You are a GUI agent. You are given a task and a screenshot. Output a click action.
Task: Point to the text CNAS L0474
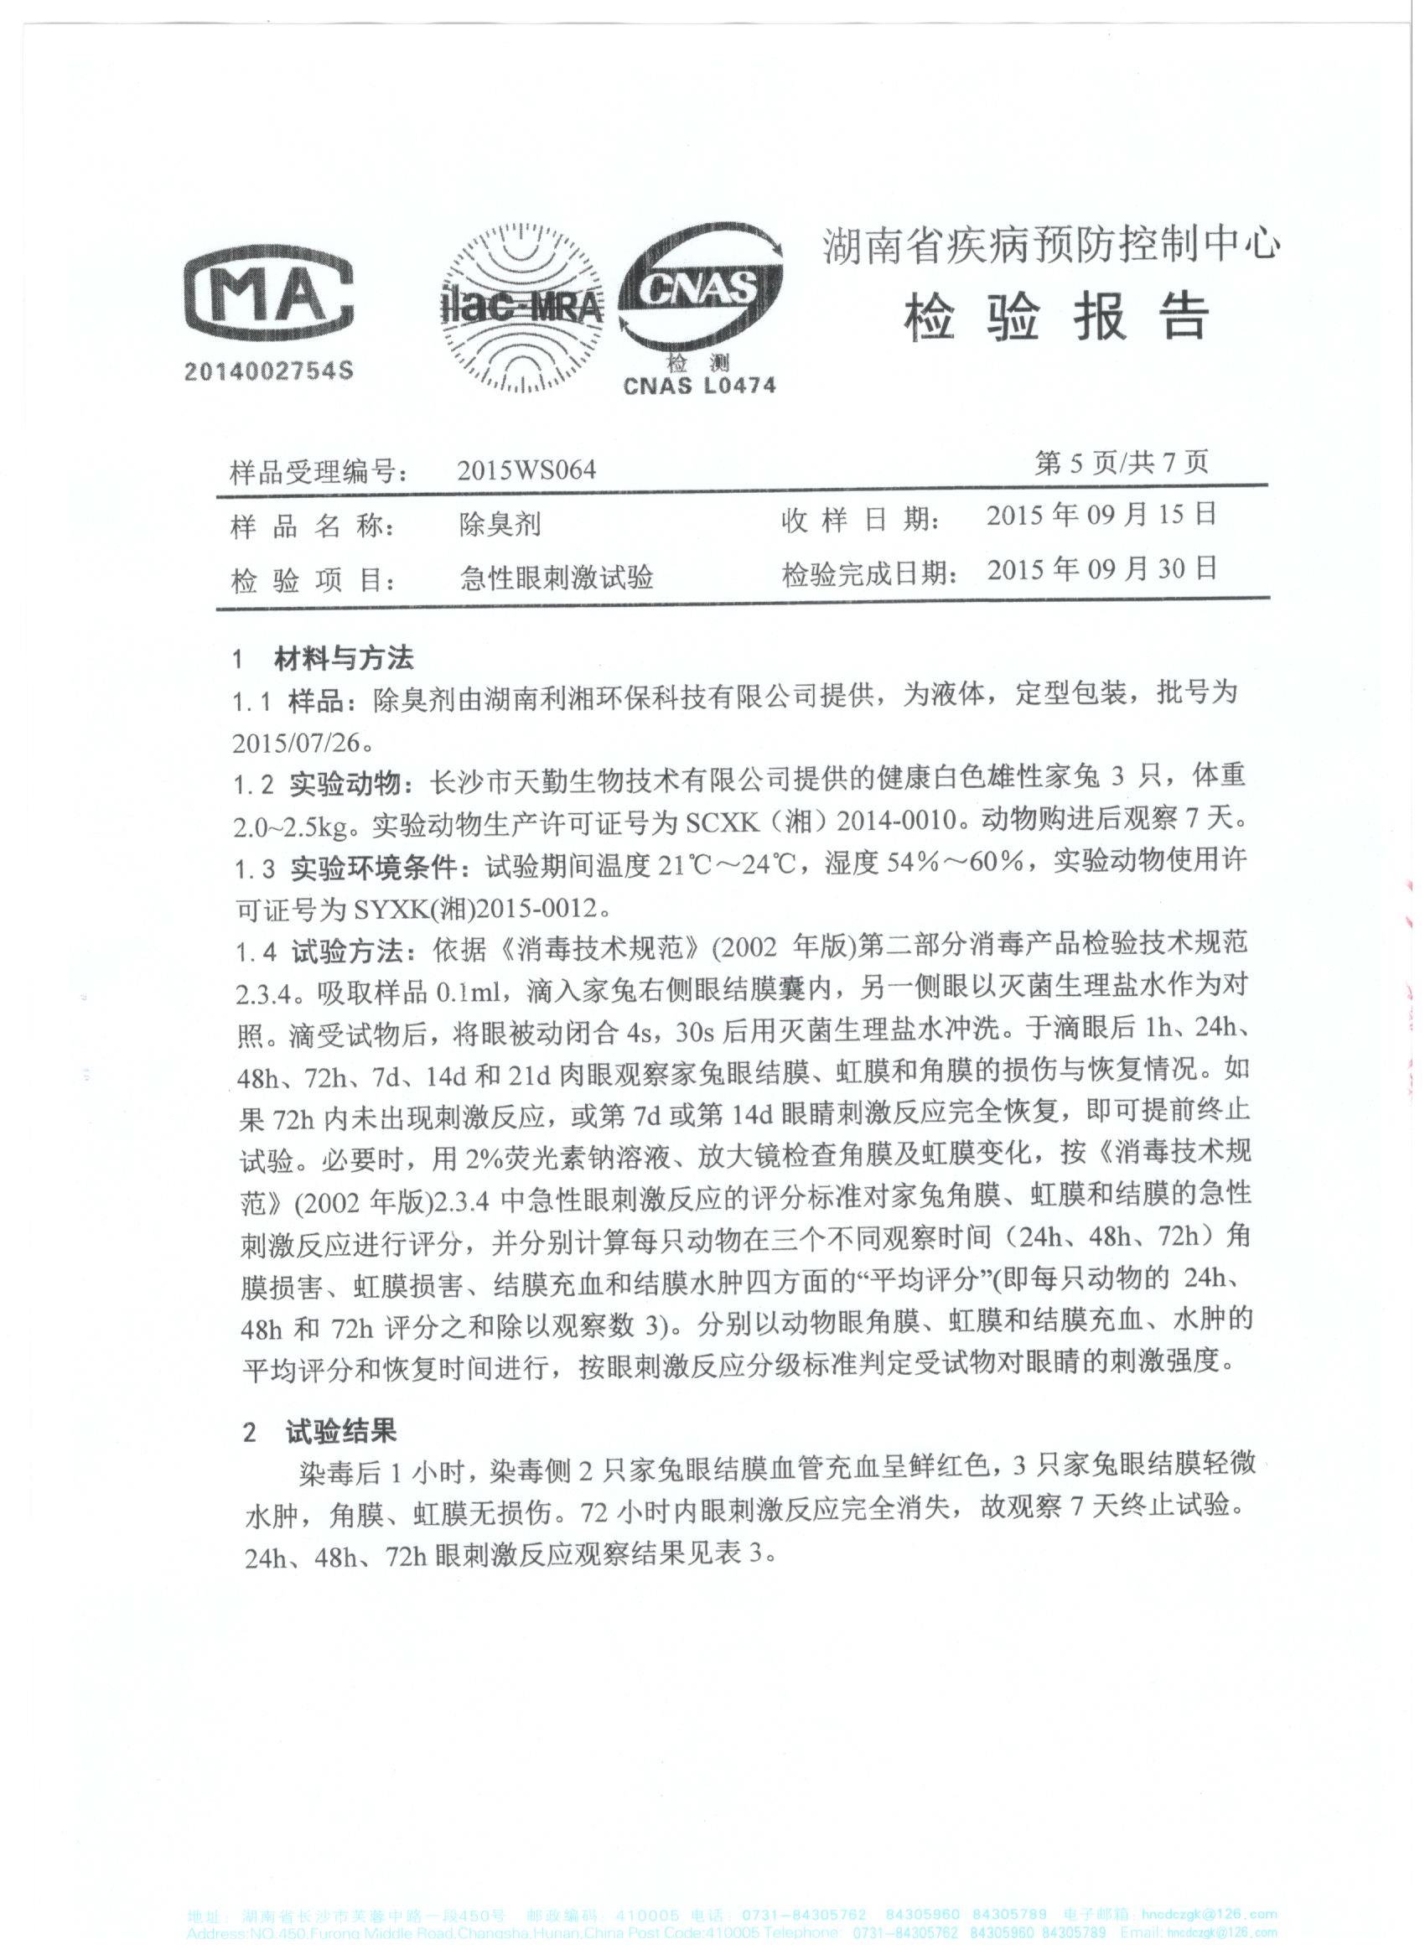click(699, 386)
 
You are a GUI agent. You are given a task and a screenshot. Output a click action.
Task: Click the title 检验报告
click(1054, 318)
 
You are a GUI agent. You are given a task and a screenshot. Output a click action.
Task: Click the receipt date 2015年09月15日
click(1101, 516)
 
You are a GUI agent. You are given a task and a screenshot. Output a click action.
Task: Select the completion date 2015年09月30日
click(1101, 569)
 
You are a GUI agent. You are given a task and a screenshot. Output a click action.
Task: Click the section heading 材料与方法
click(344, 660)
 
